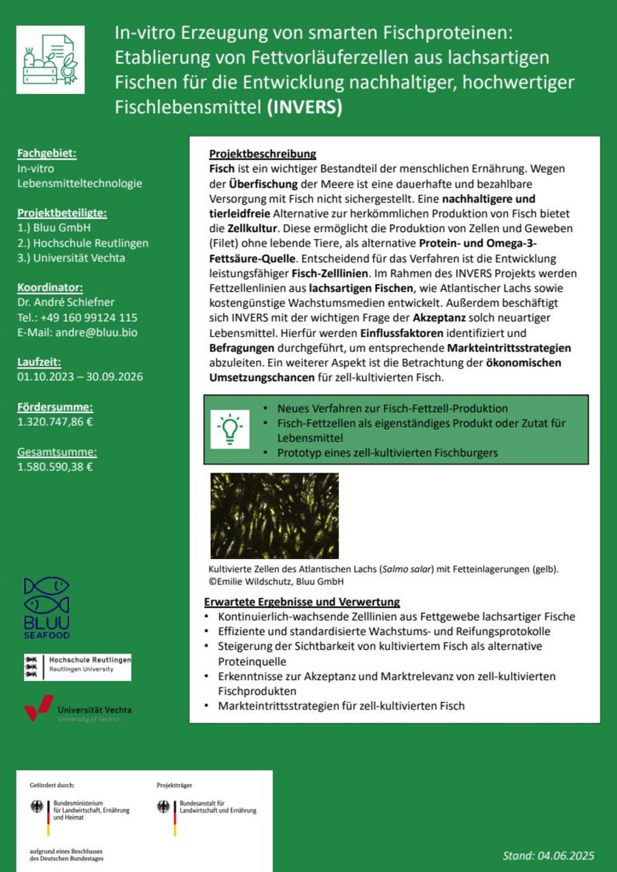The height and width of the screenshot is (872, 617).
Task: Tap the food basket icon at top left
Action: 51,60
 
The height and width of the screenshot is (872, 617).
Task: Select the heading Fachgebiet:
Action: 47,153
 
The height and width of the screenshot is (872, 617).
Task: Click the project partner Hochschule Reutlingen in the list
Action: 83,243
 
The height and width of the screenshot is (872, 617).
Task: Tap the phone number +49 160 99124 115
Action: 87,317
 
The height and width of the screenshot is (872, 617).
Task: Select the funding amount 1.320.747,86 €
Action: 55,421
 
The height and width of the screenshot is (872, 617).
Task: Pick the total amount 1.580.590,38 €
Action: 55,467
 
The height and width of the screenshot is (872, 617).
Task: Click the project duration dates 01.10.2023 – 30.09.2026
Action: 80,377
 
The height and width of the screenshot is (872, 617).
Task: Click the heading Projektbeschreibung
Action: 263,154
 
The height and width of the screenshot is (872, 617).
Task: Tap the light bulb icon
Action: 230,429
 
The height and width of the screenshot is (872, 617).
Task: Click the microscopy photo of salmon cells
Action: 274,515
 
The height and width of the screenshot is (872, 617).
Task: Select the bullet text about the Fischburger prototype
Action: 387,453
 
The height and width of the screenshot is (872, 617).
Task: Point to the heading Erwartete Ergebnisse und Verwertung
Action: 302,602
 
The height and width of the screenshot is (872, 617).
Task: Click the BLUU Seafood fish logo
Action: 47,607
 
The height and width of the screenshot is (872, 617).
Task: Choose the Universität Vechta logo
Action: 77,709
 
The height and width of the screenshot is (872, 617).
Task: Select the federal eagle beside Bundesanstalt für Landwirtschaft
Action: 165,806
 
